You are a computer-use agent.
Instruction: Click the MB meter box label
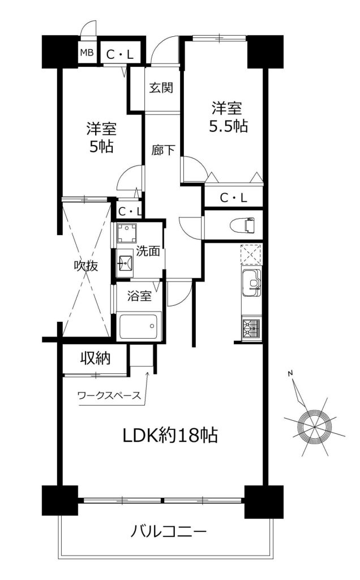(x=88, y=53)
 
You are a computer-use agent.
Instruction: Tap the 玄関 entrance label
(x=161, y=88)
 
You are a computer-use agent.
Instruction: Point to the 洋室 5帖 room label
(x=101, y=138)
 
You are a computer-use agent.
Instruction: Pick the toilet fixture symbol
(x=242, y=225)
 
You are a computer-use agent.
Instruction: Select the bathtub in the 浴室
(x=140, y=326)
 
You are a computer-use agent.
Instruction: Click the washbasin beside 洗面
(x=125, y=262)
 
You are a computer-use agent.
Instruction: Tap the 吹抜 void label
(x=86, y=266)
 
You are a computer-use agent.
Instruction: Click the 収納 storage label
(x=96, y=358)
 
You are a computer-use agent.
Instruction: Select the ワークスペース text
(x=109, y=395)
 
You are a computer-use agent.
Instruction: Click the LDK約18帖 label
(x=170, y=435)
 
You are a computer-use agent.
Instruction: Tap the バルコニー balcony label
(x=168, y=532)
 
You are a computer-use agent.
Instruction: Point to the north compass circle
(x=314, y=426)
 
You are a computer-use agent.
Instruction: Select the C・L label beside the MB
(x=119, y=55)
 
